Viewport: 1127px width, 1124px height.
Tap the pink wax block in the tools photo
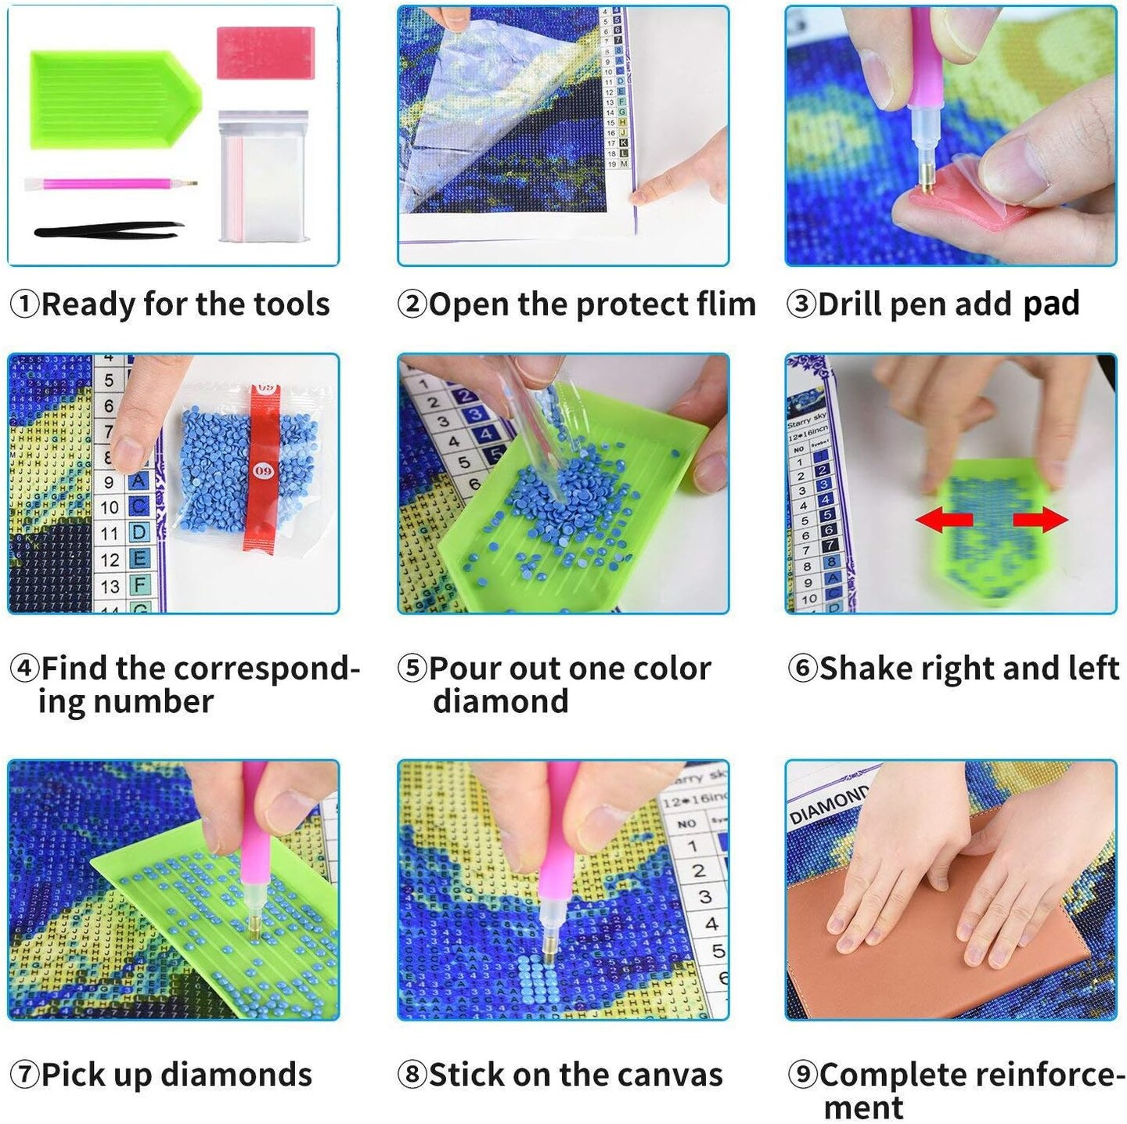266,53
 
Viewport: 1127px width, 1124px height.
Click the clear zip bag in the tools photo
265,176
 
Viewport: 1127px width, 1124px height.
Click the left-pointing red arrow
944,520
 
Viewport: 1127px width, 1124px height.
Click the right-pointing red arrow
1040,520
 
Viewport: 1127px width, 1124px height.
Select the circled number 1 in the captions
24,304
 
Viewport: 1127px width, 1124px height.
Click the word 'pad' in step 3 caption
1051,304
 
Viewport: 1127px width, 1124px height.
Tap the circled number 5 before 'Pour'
412,668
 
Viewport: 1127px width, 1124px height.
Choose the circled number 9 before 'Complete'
802,1075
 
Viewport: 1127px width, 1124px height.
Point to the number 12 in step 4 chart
110,560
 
